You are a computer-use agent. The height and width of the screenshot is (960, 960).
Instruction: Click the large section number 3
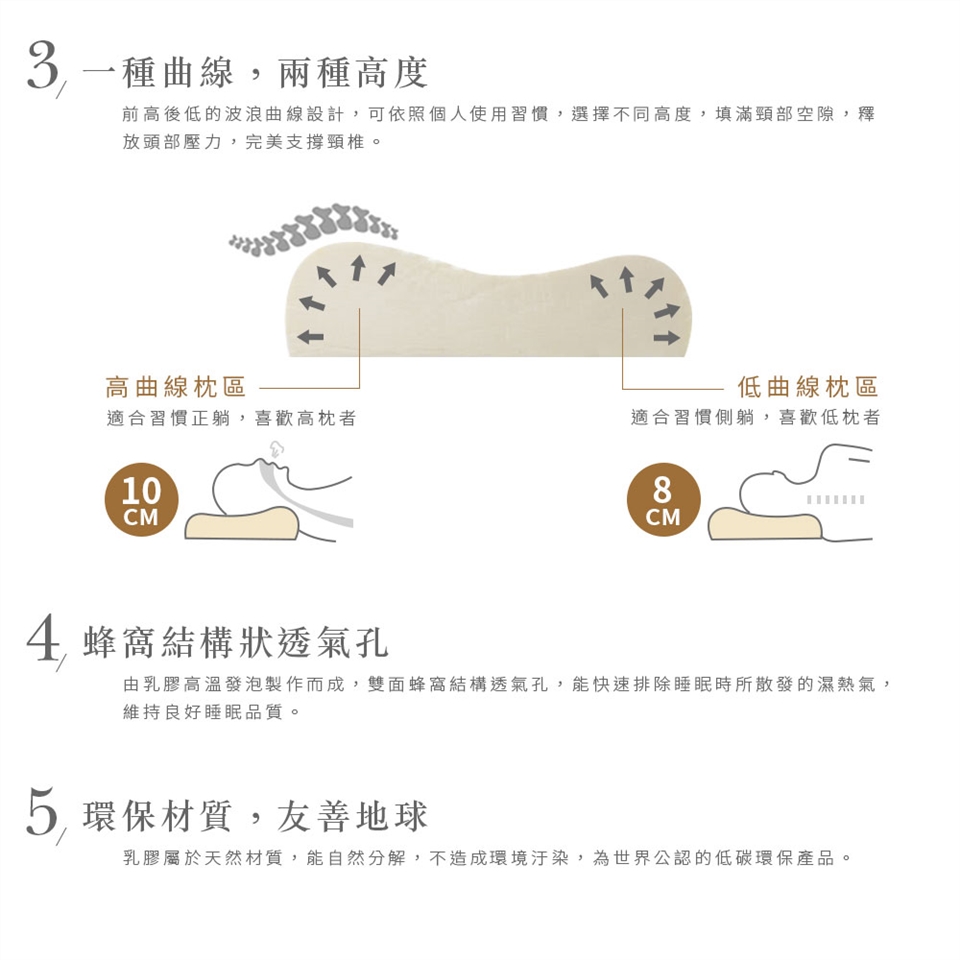tap(43, 67)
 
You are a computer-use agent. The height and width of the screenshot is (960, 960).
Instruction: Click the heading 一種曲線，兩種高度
tap(255, 72)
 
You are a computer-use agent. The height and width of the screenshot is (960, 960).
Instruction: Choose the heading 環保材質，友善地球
tap(255, 817)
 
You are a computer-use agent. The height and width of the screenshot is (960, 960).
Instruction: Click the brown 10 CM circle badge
tap(141, 500)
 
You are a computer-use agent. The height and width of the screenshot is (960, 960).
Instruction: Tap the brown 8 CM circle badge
tap(663, 500)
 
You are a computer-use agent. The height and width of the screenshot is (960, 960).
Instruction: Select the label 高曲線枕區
tap(176, 388)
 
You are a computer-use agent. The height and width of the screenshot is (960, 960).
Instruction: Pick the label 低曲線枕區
tap(808, 387)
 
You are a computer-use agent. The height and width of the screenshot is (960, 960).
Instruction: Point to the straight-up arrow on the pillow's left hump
tap(359, 268)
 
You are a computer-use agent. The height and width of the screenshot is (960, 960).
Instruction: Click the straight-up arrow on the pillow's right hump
tap(626, 279)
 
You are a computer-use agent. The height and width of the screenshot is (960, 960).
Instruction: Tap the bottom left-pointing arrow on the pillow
tap(310, 336)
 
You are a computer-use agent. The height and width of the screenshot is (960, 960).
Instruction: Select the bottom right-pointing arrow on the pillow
tap(667, 337)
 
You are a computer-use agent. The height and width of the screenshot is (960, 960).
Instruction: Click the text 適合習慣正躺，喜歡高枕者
tap(231, 419)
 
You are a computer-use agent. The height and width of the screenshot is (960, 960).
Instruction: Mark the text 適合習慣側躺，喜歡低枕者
tap(756, 418)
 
